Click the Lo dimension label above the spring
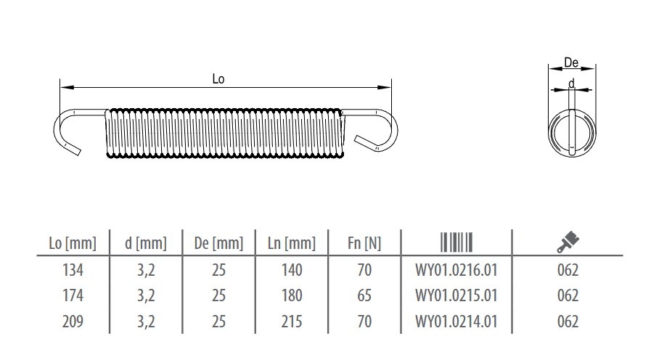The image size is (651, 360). (x=218, y=79)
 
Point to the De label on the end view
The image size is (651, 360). (x=571, y=62)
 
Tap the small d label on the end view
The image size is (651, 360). (x=572, y=84)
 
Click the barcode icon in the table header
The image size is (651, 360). (x=456, y=242)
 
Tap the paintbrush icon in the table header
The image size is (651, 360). (x=568, y=242)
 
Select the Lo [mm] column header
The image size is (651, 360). (x=73, y=243)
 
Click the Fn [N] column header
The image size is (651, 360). (x=364, y=243)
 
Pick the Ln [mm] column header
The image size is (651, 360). (x=292, y=243)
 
